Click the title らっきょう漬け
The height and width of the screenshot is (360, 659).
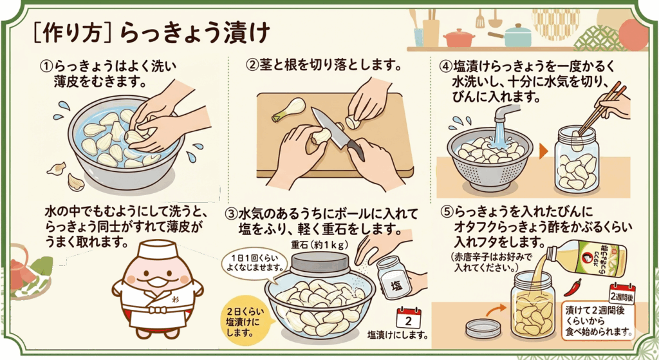(194, 33)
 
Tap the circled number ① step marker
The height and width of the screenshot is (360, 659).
(46, 66)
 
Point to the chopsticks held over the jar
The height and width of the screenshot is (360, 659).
(602, 108)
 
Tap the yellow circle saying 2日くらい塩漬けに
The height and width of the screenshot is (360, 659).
(246, 322)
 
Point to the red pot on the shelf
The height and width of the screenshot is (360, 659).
(459, 37)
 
